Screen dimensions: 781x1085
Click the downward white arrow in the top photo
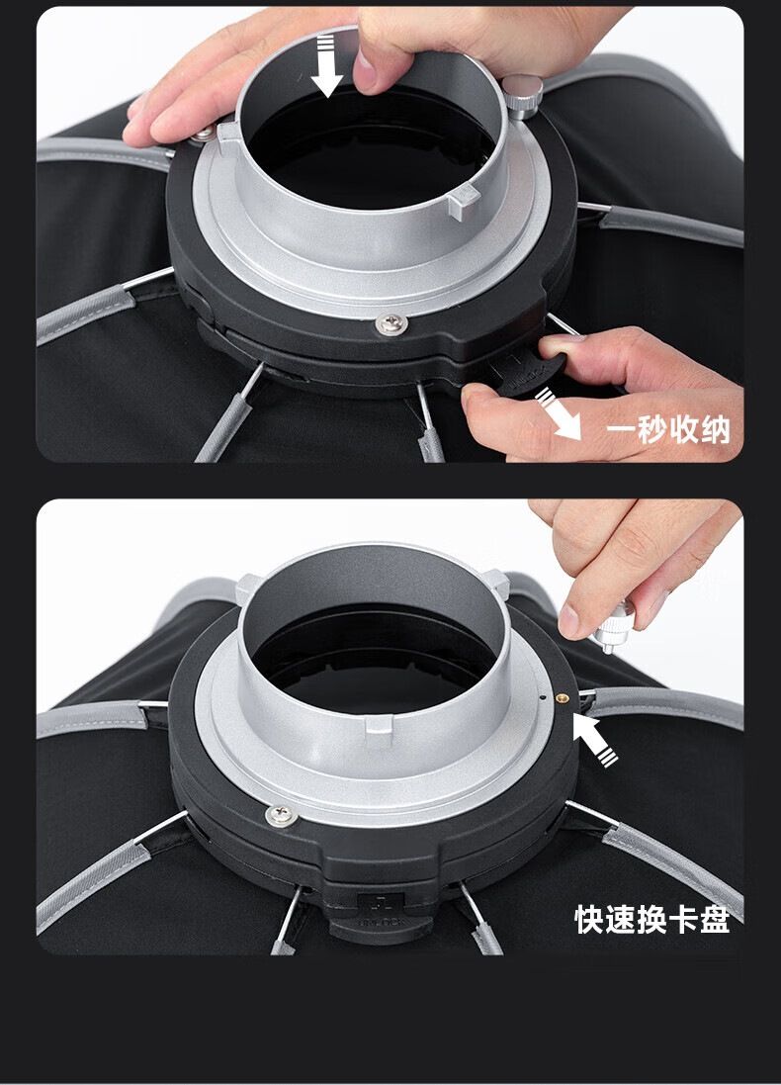point(326,67)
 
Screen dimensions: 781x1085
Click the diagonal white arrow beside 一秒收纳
point(560,413)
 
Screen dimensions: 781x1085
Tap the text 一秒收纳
point(668,429)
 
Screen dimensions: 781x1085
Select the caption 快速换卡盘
point(651,919)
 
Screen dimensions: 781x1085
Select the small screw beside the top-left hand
point(205,133)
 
